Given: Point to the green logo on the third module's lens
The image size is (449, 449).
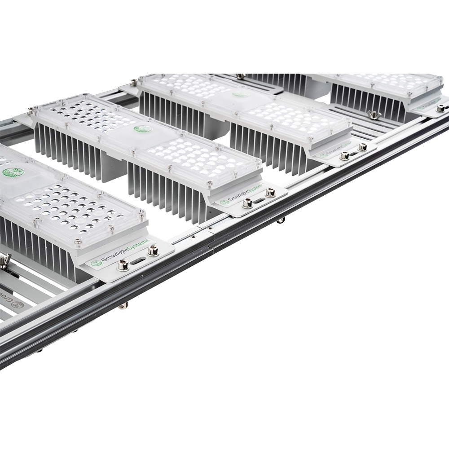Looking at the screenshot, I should (x=241, y=94).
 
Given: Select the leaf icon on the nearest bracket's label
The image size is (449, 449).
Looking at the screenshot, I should (x=94, y=264).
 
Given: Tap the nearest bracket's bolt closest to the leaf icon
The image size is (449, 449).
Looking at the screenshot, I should (x=122, y=266).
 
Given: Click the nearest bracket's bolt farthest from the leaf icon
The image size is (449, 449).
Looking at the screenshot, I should (x=153, y=251).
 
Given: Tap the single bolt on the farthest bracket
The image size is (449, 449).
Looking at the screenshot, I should (x=440, y=108).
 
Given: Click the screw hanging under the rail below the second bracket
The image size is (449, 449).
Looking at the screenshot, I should (x=281, y=220).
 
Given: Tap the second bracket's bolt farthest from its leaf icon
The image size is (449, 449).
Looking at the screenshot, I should (x=271, y=192).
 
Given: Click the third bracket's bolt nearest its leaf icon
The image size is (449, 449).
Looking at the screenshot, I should (x=344, y=156).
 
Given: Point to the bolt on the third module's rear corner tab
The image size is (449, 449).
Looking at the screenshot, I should (x=134, y=83).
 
